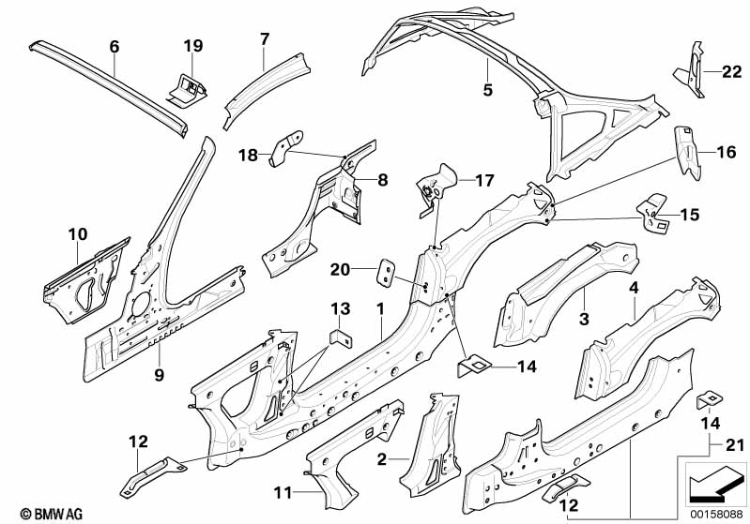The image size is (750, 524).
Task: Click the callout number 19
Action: (193, 46)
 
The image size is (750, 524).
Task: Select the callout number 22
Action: (731, 71)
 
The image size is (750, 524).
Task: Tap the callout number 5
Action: (488, 90)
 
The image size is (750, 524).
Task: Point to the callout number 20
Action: (340, 270)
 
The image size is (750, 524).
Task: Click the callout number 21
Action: (735, 445)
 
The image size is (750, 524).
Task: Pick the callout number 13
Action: (341, 308)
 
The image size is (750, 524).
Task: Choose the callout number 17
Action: (484, 181)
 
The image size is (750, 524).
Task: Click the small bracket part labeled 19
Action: (188, 88)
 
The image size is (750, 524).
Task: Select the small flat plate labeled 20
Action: (388, 273)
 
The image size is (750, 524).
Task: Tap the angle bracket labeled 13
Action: (342, 338)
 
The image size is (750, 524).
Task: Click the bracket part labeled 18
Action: (286, 147)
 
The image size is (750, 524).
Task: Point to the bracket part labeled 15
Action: (653, 214)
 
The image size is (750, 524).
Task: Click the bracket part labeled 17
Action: (435, 188)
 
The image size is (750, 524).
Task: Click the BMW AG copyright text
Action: (52, 515)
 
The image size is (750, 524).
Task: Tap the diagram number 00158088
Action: (717, 515)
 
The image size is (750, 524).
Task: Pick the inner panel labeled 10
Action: (86, 281)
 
